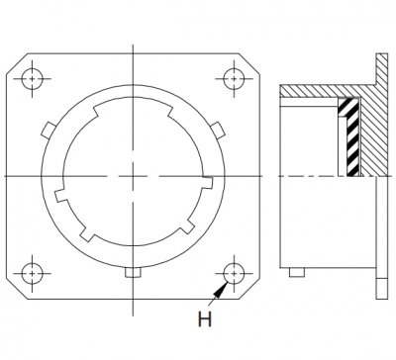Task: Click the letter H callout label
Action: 205,319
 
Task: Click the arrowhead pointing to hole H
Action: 221,290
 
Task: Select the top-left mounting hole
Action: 33,79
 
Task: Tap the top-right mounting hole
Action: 234,79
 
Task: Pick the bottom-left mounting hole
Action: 33,273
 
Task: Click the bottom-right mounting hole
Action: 234,273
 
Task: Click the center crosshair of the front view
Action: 133,176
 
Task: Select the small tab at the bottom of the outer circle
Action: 133,272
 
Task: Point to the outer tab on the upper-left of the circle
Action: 49,130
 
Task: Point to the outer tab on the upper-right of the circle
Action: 218,130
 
